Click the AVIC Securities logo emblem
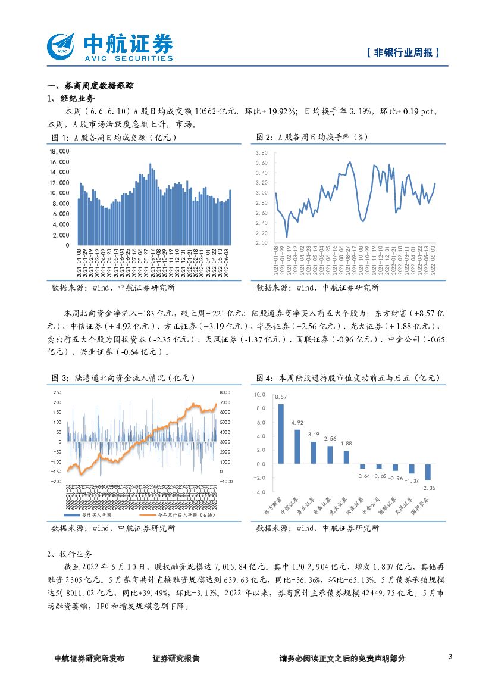(61, 45)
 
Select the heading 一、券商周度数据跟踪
(90, 86)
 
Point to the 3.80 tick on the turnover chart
(262, 153)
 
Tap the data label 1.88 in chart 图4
(346, 443)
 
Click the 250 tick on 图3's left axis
(57, 392)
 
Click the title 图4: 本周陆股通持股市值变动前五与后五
(347, 377)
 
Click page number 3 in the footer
(450, 657)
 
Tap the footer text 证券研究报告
(176, 658)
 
